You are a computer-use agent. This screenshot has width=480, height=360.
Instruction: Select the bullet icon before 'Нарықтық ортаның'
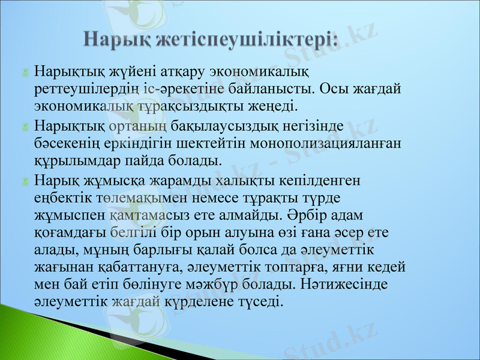(x=25, y=127)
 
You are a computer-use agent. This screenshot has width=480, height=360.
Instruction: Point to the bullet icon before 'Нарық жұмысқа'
(x=25, y=181)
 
